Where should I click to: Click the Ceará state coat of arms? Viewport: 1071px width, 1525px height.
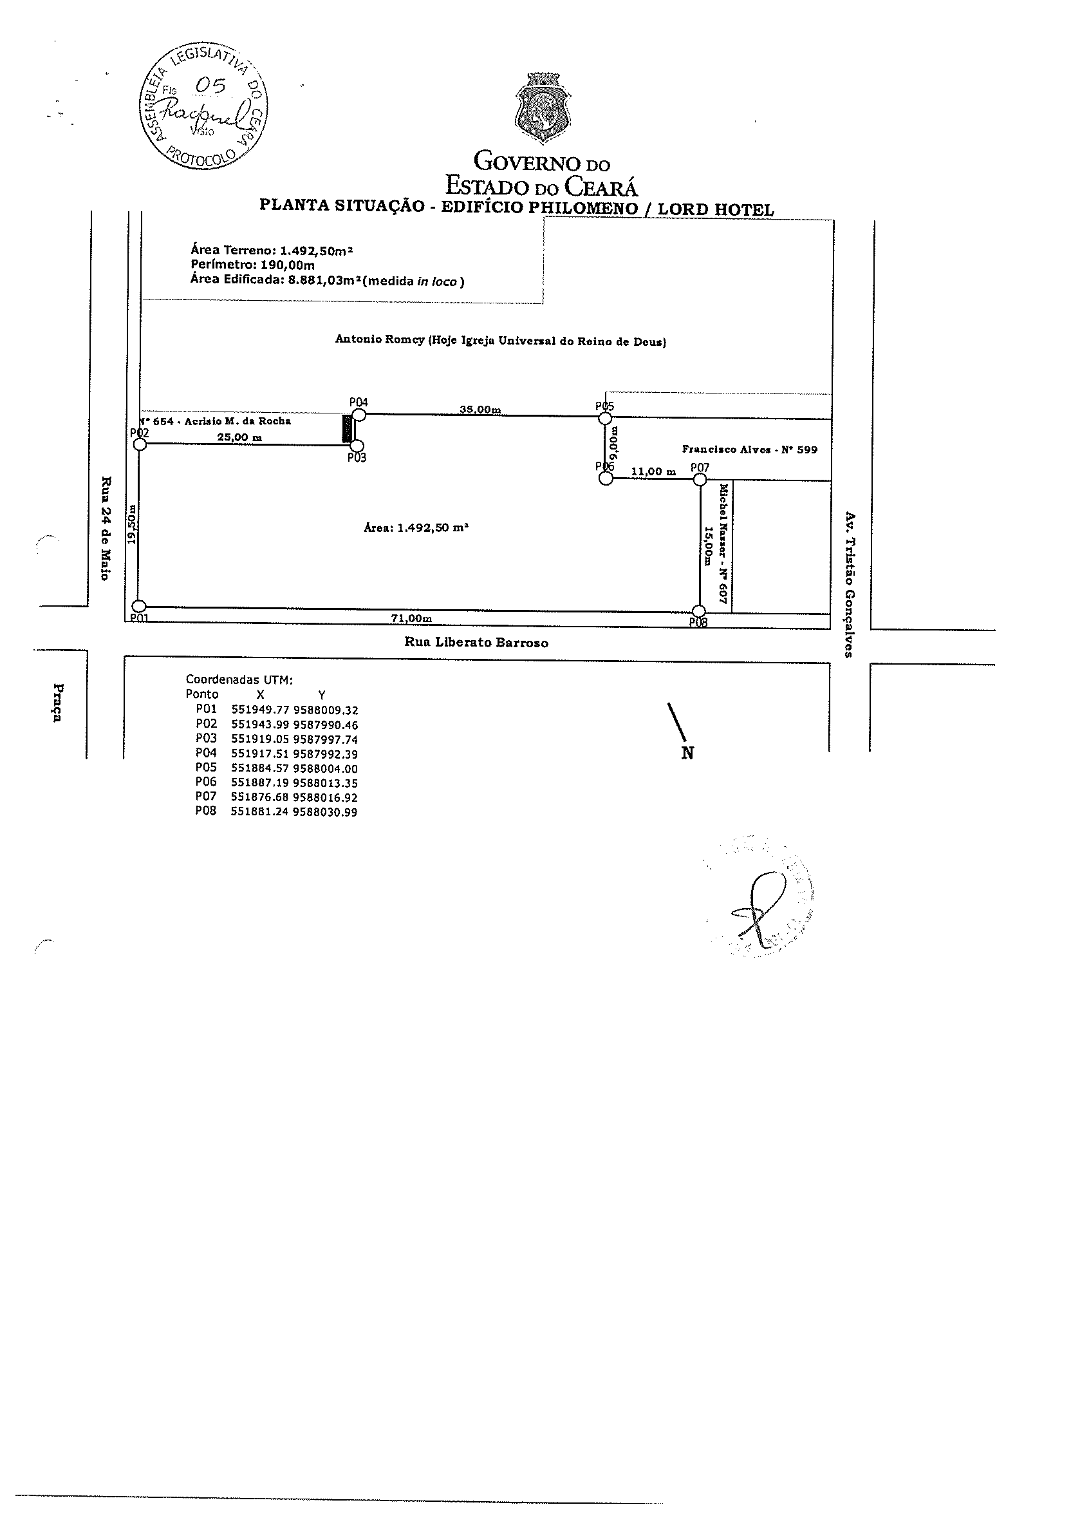[x=543, y=110]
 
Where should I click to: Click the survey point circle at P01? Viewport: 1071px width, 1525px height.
[x=140, y=607]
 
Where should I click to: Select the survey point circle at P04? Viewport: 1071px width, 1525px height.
[x=359, y=415]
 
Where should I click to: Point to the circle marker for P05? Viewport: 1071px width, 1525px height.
[x=605, y=418]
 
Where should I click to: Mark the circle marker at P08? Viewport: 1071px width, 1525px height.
[x=698, y=611]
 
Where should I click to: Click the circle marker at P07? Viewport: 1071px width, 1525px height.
[x=699, y=479]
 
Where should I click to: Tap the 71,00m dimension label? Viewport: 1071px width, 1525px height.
[x=411, y=618]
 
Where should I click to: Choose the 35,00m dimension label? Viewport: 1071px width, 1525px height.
[x=480, y=410]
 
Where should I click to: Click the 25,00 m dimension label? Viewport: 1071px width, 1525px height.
[x=239, y=437]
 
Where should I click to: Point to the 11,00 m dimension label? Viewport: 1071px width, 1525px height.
[x=653, y=471]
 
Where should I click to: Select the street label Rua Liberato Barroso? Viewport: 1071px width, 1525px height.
[x=476, y=642]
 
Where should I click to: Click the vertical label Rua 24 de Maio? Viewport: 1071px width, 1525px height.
[x=105, y=527]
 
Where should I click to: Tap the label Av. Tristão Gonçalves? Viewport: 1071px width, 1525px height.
[x=848, y=584]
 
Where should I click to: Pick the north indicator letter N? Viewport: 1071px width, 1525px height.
[x=687, y=753]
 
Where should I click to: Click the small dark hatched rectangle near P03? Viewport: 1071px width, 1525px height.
[x=346, y=428]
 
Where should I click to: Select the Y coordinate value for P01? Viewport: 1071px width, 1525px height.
[x=325, y=709]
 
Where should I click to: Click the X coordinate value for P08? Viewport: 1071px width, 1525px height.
[x=259, y=811]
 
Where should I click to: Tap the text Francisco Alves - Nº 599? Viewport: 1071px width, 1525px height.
[x=749, y=450]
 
